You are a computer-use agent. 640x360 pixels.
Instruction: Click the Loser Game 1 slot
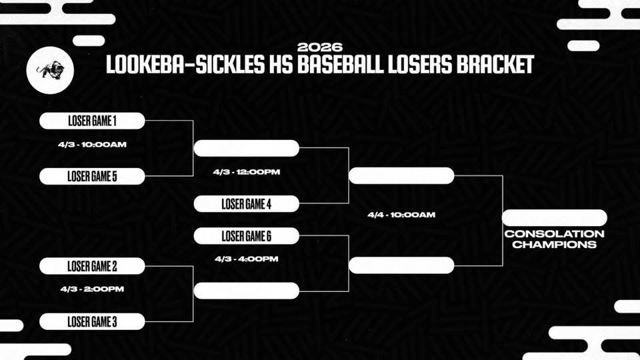[x=92, y=121]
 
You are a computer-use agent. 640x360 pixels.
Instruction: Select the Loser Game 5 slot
[x=92, y=177]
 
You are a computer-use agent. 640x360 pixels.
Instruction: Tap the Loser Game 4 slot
[x=246, y=204]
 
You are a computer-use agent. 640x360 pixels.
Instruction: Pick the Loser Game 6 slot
[x=246, y=236]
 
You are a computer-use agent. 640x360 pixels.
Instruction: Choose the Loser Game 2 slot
[x=92, y=266]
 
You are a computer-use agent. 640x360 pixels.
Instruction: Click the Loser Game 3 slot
[x=92, y=321]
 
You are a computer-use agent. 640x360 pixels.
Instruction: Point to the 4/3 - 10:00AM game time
[x=92, y=144]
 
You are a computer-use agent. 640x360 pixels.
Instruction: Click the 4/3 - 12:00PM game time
[x=246, y=172]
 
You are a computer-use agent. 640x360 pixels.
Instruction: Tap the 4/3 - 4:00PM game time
[x=246, y=259]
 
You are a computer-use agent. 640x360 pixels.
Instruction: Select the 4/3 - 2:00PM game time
[x=92, y=289]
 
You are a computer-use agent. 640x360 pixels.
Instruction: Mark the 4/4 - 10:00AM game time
[x=401, y=215]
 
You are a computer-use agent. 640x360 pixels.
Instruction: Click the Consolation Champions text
[x=554, y=239]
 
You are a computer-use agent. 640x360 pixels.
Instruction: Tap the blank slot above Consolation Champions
[x=554, y=218]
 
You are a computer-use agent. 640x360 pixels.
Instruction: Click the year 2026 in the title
[x=320, y=47]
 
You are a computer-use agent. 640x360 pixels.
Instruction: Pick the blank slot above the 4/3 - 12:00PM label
[x=246, y=148]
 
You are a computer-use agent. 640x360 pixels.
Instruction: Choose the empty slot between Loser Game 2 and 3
[x=246, y=291]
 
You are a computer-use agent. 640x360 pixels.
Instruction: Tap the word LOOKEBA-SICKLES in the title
[x=178, y=65]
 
